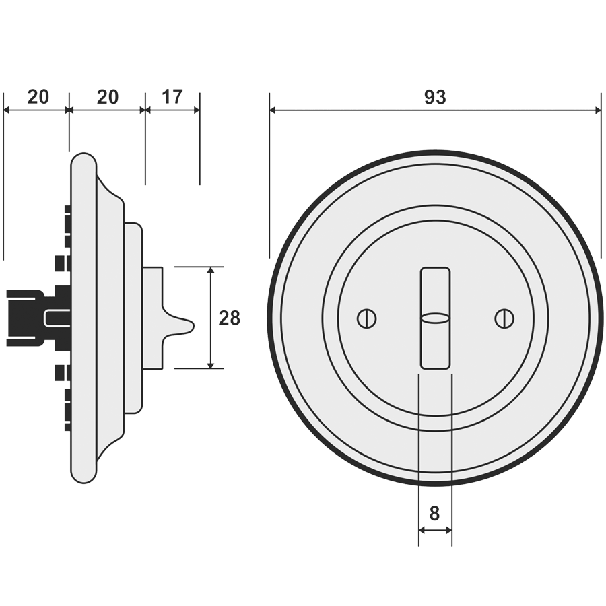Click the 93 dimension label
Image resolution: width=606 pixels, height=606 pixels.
pos(435,98)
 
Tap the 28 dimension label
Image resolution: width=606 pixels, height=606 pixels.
pos(230,318)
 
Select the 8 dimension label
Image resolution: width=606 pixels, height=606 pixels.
pos(434,514)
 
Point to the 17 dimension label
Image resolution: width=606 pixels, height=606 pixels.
pos(172,97)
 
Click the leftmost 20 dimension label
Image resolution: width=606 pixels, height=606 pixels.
pos(38,97)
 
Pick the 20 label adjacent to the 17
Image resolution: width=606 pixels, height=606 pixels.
pos(107,97)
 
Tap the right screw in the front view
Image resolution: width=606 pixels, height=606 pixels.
pos(503,318)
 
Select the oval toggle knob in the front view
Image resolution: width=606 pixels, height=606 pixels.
pos(435,318)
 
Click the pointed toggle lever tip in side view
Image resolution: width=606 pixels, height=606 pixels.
pos(192,326)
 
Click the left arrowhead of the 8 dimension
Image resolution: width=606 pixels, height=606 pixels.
pos(422,531)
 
